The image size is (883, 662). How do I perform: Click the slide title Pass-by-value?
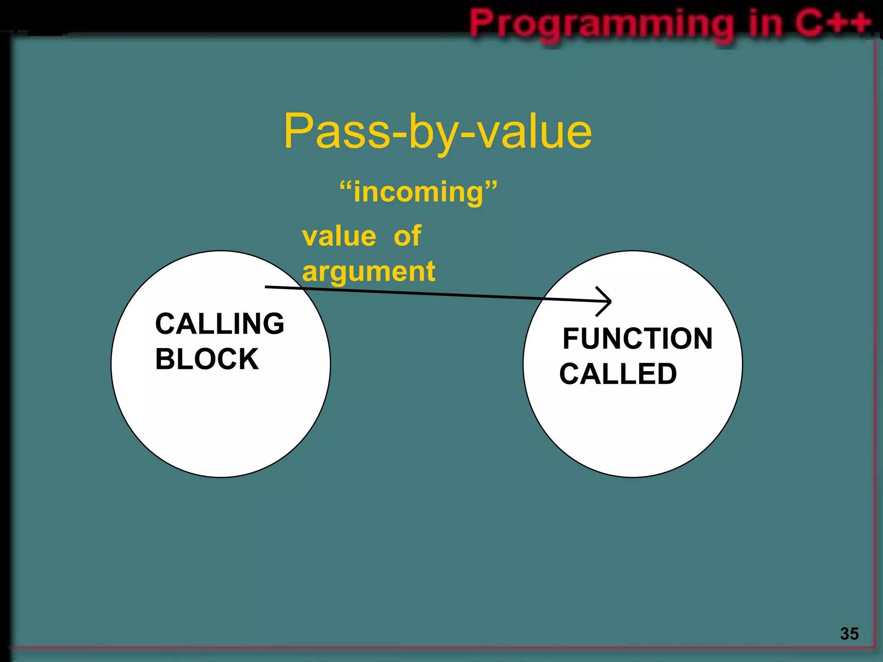(x=438, y=131)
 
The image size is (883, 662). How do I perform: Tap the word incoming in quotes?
(x=418, y=192)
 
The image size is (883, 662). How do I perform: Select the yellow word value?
(x=339, y=237)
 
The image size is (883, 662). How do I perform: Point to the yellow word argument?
(x=369, y=272)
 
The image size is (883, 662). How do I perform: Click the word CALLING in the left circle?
(x=219, y=324)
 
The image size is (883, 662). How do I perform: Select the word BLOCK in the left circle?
(x=207, y=359)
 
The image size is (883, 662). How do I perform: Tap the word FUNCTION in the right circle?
(x=637, y=339)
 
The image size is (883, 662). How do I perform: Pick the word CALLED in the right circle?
(x=618, y=374)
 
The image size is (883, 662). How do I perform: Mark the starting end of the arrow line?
(x=266, y=287)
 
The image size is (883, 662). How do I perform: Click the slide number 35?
(x=849, y=634)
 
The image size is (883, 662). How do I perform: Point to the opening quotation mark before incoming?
(x=346, y=186)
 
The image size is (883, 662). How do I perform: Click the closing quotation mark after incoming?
(x=491, y=186)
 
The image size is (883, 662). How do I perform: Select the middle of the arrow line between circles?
(x=438, y=294)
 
